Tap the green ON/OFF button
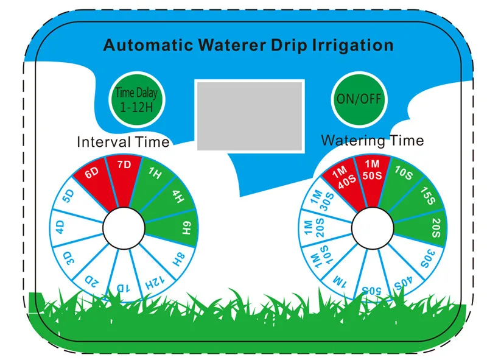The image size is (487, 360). (x=359, y=99)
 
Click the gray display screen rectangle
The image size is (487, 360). (x=250, y=115)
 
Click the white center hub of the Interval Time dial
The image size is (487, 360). (x=124, y=229)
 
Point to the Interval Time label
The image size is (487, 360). (x=123, y=143)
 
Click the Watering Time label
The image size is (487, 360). (x=372, y=141)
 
